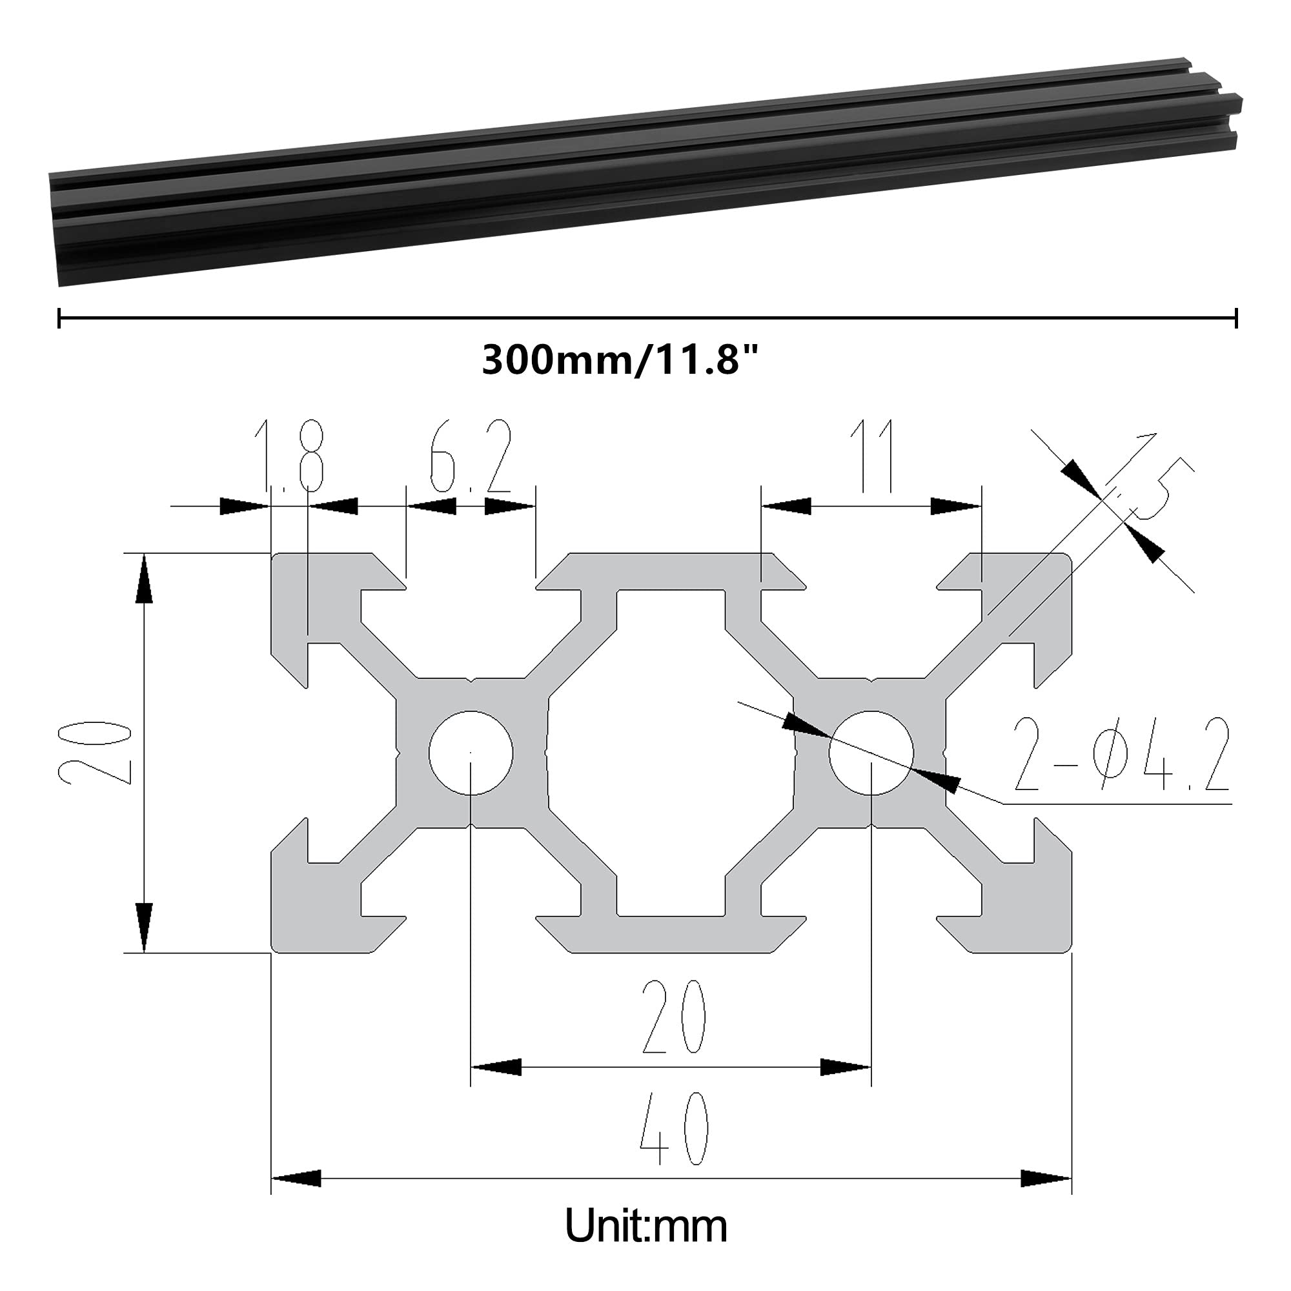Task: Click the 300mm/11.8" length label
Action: click(x=621, y=360)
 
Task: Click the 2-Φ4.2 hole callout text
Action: click(x=1122, y=755)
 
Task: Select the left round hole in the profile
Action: click(x=471, y=753)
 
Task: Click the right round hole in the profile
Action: click(x=871, y=753)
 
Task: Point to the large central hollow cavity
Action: click(x=671, y=753)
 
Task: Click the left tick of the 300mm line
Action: click(x=59, y=318)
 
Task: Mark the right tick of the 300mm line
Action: click(x=1236, y=318)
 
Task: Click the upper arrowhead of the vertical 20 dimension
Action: click(x=145, y=580)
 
